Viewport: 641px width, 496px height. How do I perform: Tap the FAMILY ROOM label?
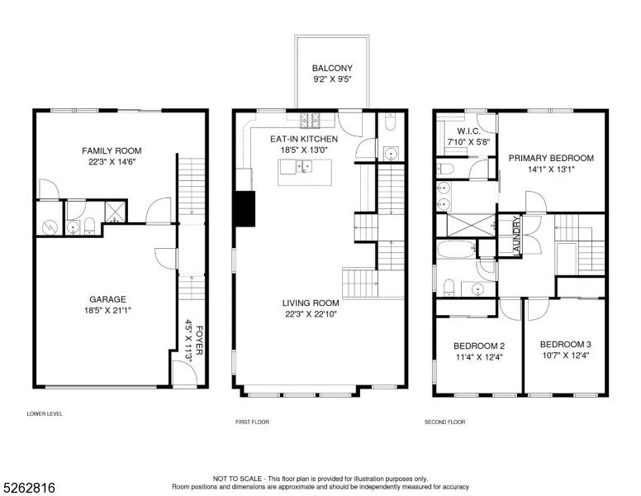click(x=112, y=151)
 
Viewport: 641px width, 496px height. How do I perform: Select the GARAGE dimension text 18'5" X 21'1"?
click(x=107, y=312)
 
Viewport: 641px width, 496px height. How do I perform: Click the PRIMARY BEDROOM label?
click(x=550, y=158)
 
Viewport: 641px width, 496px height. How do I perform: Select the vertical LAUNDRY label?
click(x=515, y=236)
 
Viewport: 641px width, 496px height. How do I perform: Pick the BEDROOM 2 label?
click(x=479, y=346)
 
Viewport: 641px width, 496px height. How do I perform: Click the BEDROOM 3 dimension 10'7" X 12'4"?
click(x=565, y=356)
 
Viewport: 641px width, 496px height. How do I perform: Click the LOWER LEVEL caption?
click(x=45, y=413)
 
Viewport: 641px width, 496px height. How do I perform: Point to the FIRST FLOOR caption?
click(x=252, y=422)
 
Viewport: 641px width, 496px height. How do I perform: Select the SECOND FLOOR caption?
click(x=444, y=422)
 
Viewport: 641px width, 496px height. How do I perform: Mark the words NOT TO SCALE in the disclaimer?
click(x=236, y=479)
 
